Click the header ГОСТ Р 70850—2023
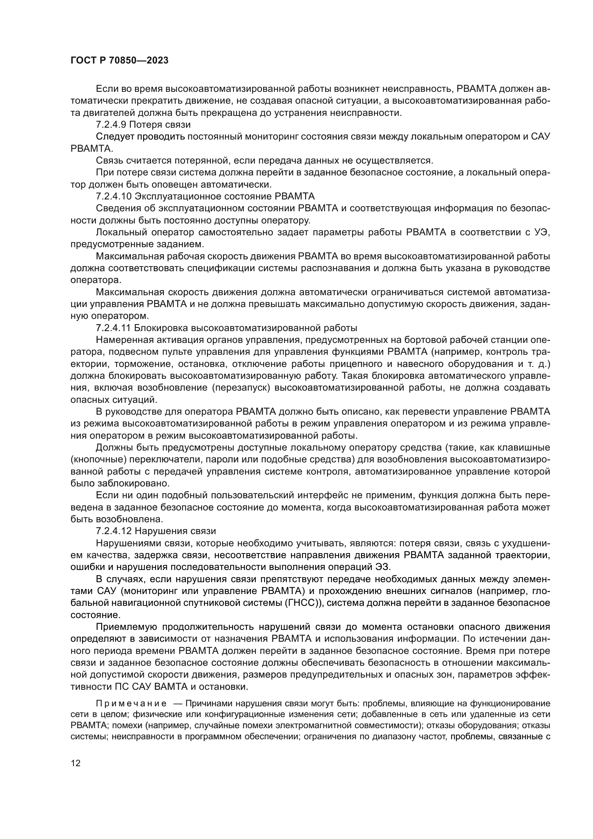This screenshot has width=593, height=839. tap(119, 61)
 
